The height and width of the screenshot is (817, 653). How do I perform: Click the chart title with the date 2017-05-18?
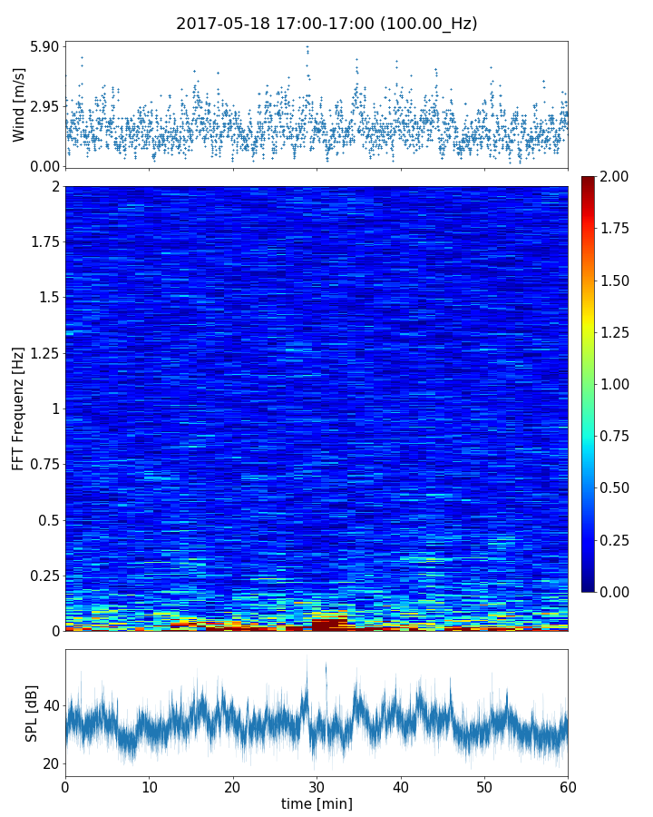click(x=326, y=24)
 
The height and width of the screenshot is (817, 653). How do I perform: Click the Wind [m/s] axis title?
click(x=19, y=104)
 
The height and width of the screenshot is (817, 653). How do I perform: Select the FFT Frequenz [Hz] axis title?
click(x=19, y=408)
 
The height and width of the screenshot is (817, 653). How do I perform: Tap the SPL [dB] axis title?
click(x=33, y=713)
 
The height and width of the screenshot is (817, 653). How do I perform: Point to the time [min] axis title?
click(x=317, y=803)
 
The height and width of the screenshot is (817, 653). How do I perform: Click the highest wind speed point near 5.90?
click(x=307, y=46)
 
